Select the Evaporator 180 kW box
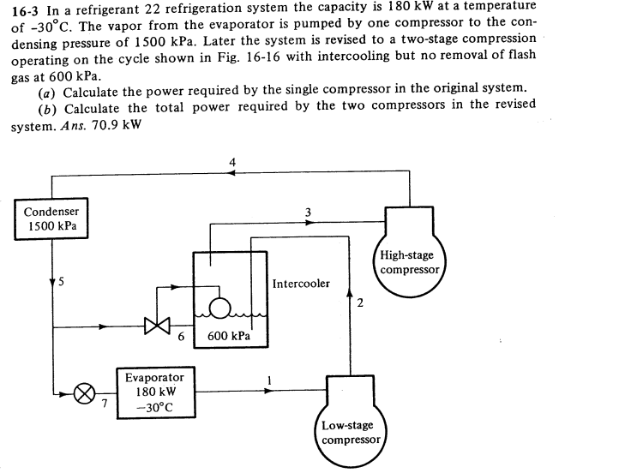[154, 392]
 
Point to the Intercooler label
[301, 284]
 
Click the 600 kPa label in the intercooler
[229, 337]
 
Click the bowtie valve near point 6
[156, 326]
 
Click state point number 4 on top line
[231, 163]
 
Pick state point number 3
[308, 213]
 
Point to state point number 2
[360, 302]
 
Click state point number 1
[269, 379]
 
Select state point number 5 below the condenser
[61, 282]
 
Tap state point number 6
[182, 337]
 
